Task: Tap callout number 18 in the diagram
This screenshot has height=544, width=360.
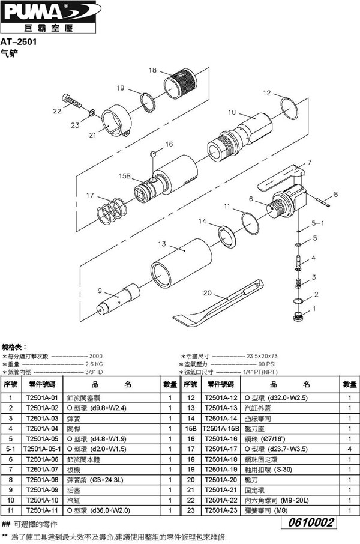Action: pos(152,70)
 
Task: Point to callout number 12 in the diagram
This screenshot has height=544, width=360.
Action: pos(267,93)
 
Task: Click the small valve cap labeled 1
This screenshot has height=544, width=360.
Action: pos(297,316)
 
